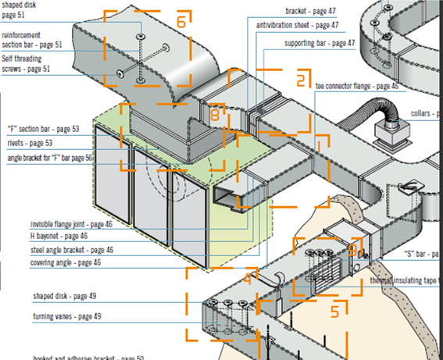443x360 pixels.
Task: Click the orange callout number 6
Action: click(x=180, y=22)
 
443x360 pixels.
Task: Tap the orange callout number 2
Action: click(x=301, y=79)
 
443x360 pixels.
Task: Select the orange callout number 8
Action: click(x=215, y=114)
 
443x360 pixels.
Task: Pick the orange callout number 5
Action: click(x=335, y=310)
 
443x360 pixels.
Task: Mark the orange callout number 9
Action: click(x=353, y=250)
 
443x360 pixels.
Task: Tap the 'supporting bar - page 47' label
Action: click(x=319, y=43)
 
